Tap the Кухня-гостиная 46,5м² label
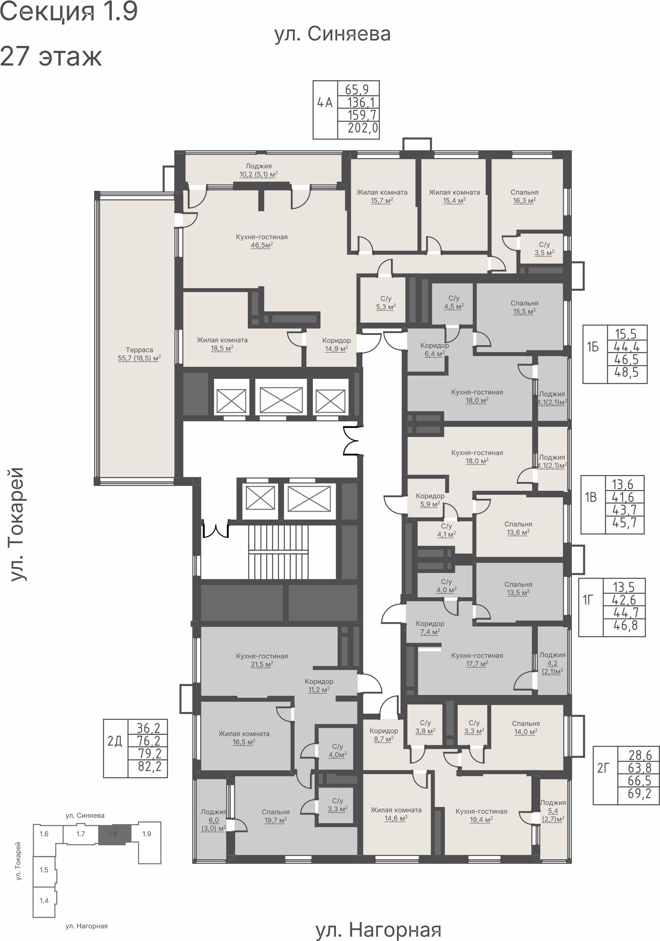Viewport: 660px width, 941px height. [x=262, y=241]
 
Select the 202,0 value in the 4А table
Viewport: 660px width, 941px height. [x=363, y=128]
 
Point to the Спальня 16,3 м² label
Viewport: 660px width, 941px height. [x=524, y=196]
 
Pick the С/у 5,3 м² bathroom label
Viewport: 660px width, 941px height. [x=385, y=303]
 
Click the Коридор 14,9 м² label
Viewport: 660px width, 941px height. [x=336, y=344]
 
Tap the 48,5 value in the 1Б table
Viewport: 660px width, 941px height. [x=626, y=372]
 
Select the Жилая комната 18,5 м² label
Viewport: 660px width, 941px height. [x=222, y=344]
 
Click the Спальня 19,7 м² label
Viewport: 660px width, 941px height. [x=276, y=815]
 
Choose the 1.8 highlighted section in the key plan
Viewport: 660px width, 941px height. [x=115, y=834]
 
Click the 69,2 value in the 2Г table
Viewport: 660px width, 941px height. [x=640, y=793]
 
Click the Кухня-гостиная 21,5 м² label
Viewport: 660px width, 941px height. [x=262, y=660]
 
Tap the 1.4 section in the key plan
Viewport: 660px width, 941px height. [x=44, y=900]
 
